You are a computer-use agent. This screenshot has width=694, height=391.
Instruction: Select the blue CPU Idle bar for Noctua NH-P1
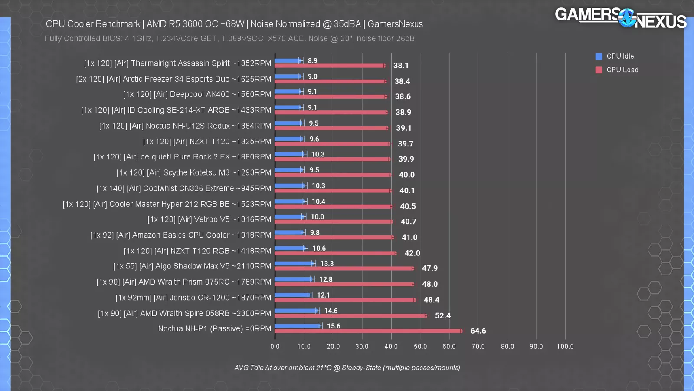pyautogui.click(x=298, y=326)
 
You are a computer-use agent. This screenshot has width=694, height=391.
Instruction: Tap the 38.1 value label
pyautogui.click(x=401, y=66)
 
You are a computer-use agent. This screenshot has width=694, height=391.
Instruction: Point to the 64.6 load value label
pyautogui.click(x=478, y=331)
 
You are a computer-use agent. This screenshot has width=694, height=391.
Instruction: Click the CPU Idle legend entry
pyautogui.click(x=619, y=56)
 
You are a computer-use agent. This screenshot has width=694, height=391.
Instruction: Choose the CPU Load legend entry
pyautogui.click(x=622, y=70)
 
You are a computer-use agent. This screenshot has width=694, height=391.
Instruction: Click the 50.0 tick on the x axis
pyautogui.click(x=420, y=346)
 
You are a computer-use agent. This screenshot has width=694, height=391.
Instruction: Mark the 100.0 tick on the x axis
pyautogui.click(x=565, y=346)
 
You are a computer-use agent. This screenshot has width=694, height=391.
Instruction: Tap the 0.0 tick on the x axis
pyautogui.click(x=275, y=346)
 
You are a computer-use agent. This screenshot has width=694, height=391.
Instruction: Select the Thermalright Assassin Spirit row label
pyautogui.click(x=177, y=63)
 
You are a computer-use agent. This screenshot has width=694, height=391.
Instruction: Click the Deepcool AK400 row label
pyautogui.click(x=197, y=94)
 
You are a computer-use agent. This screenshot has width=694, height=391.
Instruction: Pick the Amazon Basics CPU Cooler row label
pyautogui.click(x=180, y=235)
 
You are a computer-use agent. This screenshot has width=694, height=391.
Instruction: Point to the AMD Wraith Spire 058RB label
pyautogui.click(x=184, y=313)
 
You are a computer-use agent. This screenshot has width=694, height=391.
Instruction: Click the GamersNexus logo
pyautogui.click(x=620, y=18)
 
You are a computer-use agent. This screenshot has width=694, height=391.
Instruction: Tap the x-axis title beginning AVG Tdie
pyautogui.click(x=347, y=368)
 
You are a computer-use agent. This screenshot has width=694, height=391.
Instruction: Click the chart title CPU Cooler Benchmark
pyautogui.click(x=234, y=24)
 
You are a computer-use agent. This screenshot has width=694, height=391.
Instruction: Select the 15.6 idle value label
pyautogui.click(x=334, y=326)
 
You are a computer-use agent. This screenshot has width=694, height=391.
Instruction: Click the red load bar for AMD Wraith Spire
pyautogui.click(x=350, y=316)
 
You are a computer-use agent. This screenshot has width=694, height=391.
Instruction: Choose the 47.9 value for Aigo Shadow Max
pyautogui.click(x=429, y=268)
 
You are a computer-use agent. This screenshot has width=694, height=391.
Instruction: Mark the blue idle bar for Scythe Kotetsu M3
pyautogui.click(x=289, y=170)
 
